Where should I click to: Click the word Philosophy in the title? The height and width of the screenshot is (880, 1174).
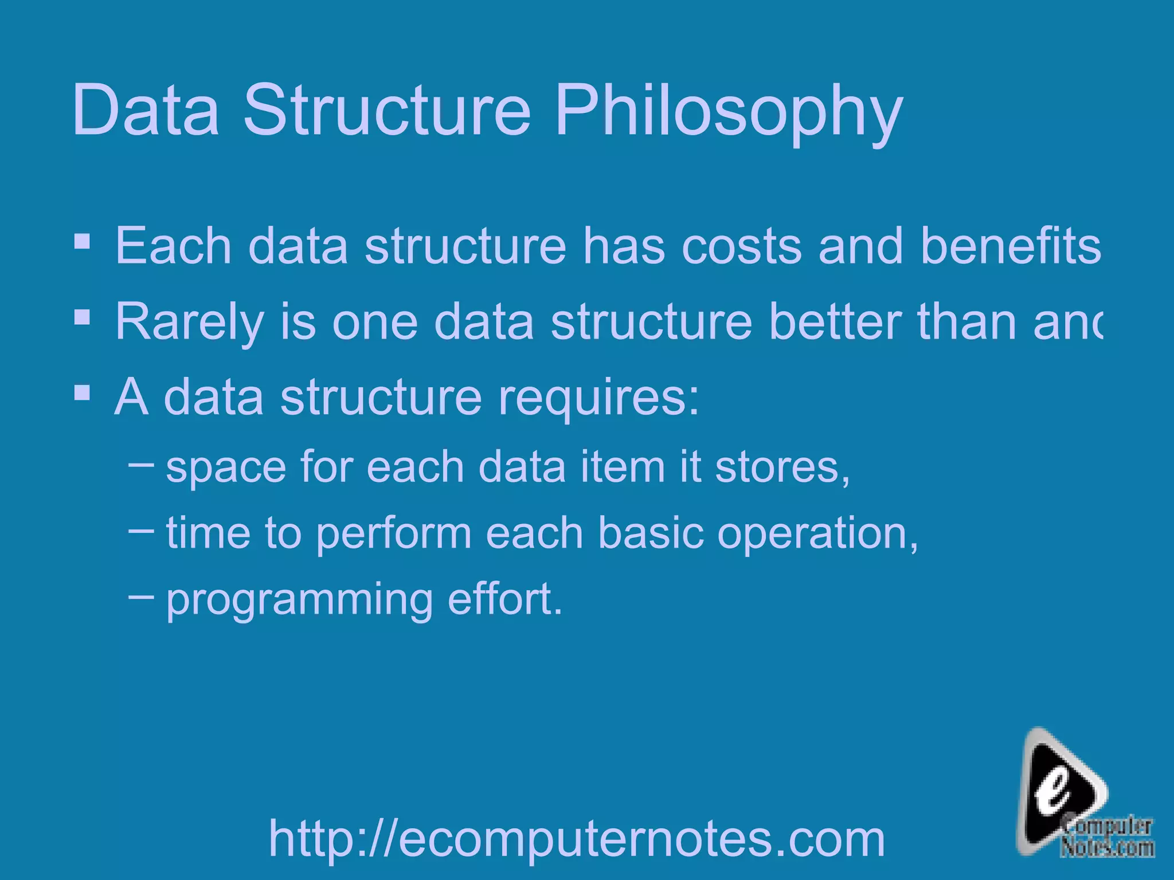pyautogui.click(x=728, y=112)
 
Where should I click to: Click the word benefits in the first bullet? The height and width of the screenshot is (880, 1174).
pyautogui.click(x=1010, y=245)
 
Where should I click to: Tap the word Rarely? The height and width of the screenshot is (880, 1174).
pyautogui.click(x=189, y=323)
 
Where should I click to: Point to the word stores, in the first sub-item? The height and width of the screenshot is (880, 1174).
pyautogui.click(x=782, y=467)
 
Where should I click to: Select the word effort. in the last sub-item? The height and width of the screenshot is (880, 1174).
pyautogui.click(x=505, y=599)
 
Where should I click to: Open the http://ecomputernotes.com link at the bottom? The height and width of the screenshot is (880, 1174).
pyautogui.click(x=577, y=838)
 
